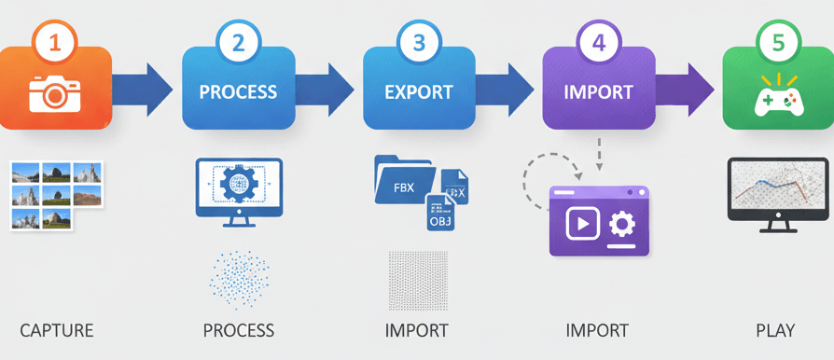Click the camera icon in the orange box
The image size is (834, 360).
click(x=54, y=92)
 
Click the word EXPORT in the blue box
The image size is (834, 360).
click(x=419, y=93)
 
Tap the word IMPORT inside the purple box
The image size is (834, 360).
click(x=598, y=93)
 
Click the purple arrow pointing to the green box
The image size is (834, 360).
click(x=691, y=90)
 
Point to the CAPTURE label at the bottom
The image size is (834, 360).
click(x=57, y=331)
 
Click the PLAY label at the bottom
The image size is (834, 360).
click(x=775, y=331)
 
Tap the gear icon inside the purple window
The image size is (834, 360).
click(x=620, y=225)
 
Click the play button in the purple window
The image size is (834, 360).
click(x=582, y=225)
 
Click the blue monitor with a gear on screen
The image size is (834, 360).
click(x=238, y=187)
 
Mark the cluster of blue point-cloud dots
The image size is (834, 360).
click(x=239, y=278)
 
